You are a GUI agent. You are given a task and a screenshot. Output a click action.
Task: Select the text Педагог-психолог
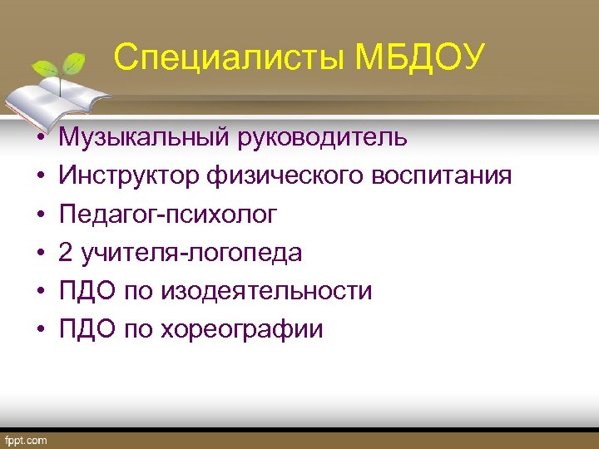pyautogui.click(x=167, y=214)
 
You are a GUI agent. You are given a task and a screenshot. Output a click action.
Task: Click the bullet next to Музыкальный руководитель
pyautogui.click(x=39, y=138)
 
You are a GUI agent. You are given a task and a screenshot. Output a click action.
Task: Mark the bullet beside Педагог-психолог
pyautogui.click(x=39, y=215)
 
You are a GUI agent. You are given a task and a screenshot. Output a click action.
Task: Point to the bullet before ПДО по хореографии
pyautogui.click(x=39, y=330)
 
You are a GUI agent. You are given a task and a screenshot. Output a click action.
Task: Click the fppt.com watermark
pyautogui.click(x=27, y=440)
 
